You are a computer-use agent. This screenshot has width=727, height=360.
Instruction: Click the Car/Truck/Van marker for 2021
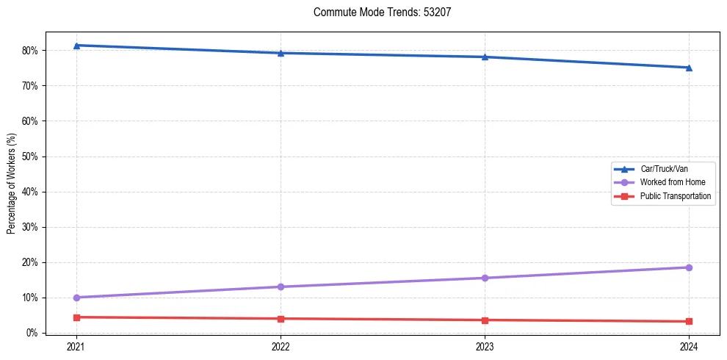tap(76, 46)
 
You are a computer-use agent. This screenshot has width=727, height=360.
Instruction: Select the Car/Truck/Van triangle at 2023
tap(485, 57)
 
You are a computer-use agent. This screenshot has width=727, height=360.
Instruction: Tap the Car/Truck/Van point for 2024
tap(689, 68)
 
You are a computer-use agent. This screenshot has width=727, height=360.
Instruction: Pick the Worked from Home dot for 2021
tap(76, 298)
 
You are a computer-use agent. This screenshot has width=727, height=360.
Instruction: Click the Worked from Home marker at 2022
tap(281, 287)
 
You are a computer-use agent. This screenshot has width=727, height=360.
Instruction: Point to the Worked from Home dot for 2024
tap(689, 267)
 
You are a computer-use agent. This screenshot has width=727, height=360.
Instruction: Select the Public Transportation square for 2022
tap(281, 319)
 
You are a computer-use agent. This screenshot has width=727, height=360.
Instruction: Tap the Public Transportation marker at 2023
tap(485, 320)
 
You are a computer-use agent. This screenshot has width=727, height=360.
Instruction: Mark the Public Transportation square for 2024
tap(689, 321)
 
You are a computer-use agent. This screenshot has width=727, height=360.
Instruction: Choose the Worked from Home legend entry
tap(672, 182)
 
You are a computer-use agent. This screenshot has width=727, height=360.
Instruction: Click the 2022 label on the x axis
tap(281, 347)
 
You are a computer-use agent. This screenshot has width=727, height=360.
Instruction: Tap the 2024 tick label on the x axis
tap(689, 347)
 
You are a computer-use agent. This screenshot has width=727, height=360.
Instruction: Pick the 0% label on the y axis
tap(32, 333)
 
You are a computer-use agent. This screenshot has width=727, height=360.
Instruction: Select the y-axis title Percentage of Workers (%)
tap(11, 184)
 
